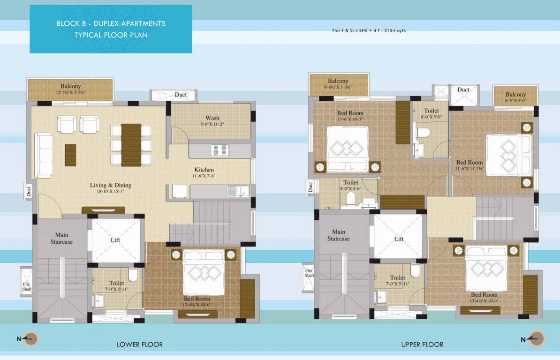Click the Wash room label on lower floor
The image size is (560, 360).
point(212,118)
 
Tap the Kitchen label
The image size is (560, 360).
point(204,170)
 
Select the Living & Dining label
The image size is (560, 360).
point(111,185)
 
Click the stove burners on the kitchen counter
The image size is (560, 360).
point(219,150)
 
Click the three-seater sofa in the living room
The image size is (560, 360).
point(45,155)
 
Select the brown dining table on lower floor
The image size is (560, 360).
point(131,145)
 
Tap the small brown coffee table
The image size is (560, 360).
point(70,155)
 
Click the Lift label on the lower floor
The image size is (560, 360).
point(115,240)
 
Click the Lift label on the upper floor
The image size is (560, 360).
point(399,239)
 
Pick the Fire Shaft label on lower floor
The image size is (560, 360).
point(27,286)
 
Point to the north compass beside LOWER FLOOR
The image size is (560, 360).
point(32,338)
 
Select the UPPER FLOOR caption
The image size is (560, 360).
point(422,345)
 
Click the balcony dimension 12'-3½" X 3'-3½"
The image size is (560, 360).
point(71,92)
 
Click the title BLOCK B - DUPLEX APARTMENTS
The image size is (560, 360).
point(111,23)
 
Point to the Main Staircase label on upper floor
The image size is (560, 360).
point(339,235)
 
